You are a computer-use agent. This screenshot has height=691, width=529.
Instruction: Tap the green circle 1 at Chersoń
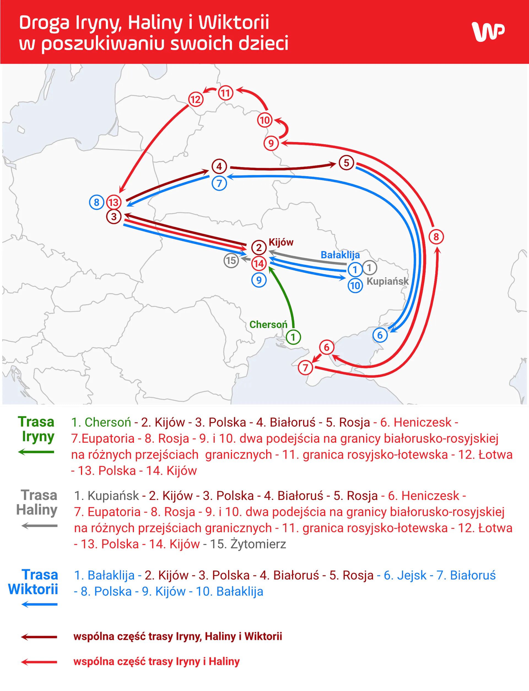tap(293, 337)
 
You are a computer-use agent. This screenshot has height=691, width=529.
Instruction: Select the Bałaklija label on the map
tap(340, 255)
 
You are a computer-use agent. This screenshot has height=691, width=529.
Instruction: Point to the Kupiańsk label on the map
tap(388, 281)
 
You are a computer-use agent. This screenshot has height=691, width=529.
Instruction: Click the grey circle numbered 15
tap(231, 260)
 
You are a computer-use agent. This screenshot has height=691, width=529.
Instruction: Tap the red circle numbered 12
tap(196, 99)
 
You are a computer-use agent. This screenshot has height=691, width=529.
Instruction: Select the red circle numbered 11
tap(225, 93)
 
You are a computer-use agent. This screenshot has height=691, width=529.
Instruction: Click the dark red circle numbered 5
tap(346, 163)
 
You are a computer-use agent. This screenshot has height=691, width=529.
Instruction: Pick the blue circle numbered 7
tap(220, 183)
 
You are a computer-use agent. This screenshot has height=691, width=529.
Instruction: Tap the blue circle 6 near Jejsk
tap(380, 335)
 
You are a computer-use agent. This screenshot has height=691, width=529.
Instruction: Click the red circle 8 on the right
tap(436, 237)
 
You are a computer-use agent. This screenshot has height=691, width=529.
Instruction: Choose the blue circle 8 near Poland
tap(97, 202)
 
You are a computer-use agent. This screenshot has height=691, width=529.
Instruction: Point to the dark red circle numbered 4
tap(220, 167)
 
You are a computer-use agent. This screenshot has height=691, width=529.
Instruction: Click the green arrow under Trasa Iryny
tap(36, 452)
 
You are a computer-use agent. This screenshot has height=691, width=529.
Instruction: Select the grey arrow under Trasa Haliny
tap(39, 526)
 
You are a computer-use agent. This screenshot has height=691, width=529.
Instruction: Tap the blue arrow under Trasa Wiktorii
tap(39, 604)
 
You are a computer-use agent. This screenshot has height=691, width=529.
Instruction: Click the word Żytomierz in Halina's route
tap(258, 544)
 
